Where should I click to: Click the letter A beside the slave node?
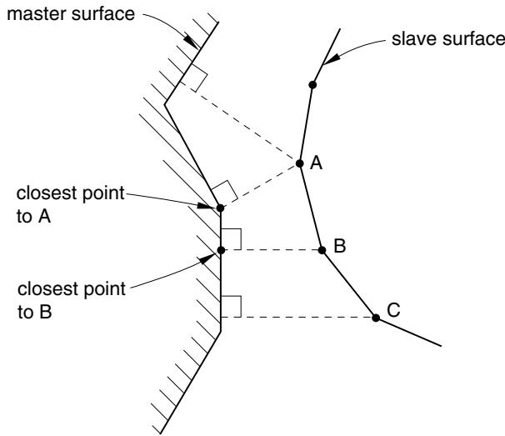(316, 163)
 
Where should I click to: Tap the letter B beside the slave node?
(340, 246)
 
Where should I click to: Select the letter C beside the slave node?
(393, 310)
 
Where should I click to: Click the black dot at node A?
(299, 163)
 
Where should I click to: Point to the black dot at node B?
(322, 250)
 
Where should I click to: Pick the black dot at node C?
(376, 318)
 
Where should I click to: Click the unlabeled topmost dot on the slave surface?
(312, 85)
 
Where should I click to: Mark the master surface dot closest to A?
(220, 208)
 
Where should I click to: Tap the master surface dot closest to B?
(221, 250)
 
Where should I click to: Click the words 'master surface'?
(71, 14)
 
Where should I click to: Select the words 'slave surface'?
(448, 39)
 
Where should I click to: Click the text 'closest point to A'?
(70, 204)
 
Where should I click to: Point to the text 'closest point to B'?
(72, 300)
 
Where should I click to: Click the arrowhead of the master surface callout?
(192, 41)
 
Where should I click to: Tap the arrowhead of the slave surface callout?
(331, 59)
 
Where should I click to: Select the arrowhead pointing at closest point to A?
(207, 206)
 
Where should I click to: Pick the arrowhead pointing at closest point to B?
(207, 258)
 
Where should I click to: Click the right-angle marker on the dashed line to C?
(231, 307)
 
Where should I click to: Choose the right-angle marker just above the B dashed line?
(231, 239)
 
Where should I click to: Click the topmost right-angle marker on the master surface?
(194, 77)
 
